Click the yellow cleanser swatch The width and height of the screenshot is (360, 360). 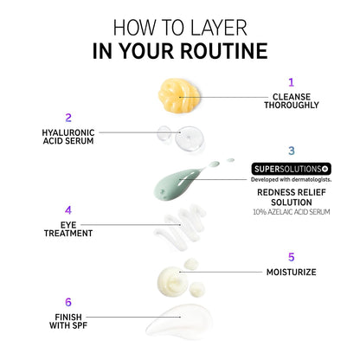click(179, 96)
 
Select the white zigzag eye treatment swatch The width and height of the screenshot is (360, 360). click(180, 227)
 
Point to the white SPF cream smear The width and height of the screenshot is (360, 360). click(179, 321)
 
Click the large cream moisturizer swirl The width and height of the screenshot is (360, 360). click(172, 281)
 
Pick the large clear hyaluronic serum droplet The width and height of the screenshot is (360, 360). click(190, 139)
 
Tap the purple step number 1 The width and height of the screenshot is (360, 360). click(292, 82)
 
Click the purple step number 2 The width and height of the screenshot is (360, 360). click(68, 118)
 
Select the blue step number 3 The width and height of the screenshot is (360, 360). click(292, 151)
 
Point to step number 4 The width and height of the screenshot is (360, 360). click(68, 210)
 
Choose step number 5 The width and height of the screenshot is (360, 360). click(292, 257)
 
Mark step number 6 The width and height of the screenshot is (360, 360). click(68, 302)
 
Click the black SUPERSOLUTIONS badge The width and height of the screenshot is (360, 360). click(291, 169)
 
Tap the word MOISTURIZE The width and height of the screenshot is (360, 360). click(292, 272)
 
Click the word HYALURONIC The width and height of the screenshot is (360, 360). click(68, 132)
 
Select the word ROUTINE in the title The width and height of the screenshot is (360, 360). click(224, 51)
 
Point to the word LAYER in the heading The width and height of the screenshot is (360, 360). click(219, 28)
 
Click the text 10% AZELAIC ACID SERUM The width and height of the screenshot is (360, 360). click(292, 212)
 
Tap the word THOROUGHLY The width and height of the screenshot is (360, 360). click(292, 105)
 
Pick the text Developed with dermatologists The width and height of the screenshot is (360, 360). click(291, 179)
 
